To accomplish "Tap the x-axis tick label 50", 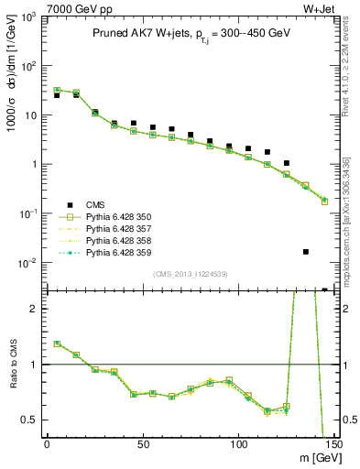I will tap(142, 443).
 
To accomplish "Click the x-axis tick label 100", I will tap(238, 443).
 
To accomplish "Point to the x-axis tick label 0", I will tap(47, 443).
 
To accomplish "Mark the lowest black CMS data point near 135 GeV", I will tap(305, 251).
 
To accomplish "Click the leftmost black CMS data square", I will tap(57, 95).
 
